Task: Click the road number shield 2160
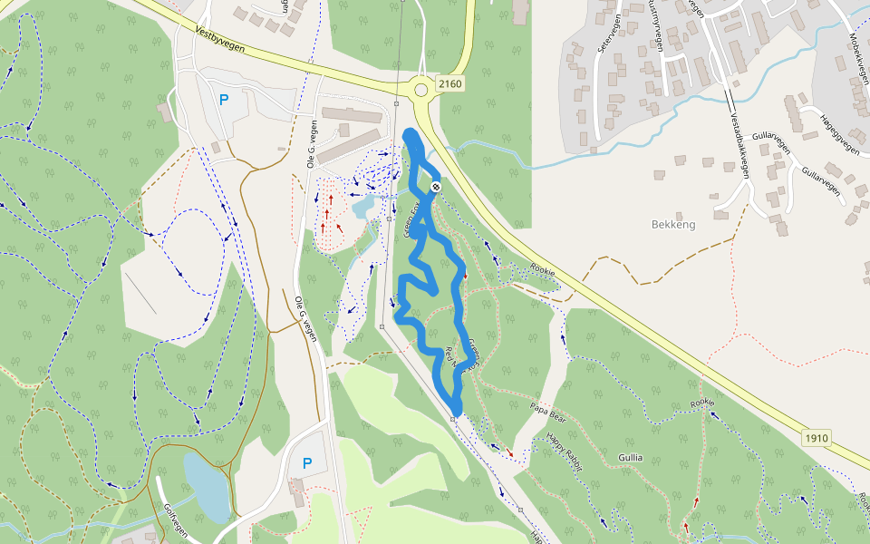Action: pos(449,84)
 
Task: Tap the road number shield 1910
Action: pos(816,438)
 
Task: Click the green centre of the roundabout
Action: pos(420,90)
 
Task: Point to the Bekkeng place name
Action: pos(673,224)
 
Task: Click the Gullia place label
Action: pos(631,457)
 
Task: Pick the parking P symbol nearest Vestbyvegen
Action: pos(223,99)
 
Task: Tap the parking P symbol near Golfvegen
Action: pos(306,462)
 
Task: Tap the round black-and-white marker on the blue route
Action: pos(436,187)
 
